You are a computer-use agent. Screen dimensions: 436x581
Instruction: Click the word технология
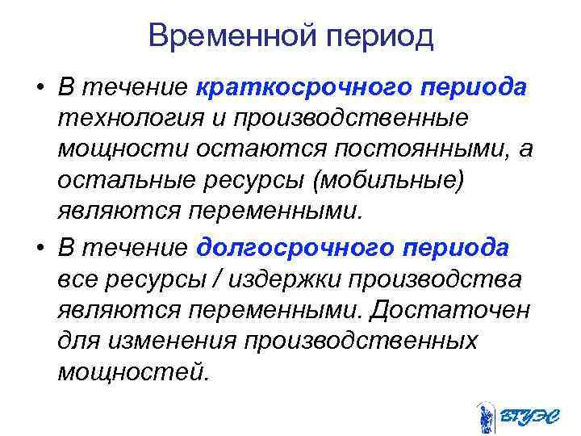click(126, 119)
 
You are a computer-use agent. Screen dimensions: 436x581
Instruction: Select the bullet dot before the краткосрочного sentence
click(38, 87)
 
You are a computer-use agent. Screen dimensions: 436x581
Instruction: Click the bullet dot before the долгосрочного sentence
click(38, 249)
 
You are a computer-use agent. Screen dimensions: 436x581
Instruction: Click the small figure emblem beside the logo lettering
click(485, 416)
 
